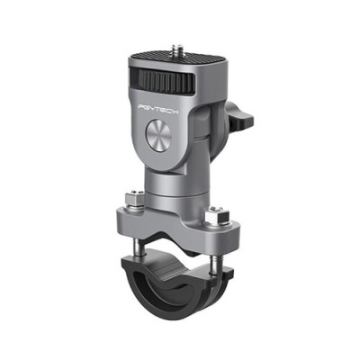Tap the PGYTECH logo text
(x=160, y=107)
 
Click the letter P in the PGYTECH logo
(x=142, y=103)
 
